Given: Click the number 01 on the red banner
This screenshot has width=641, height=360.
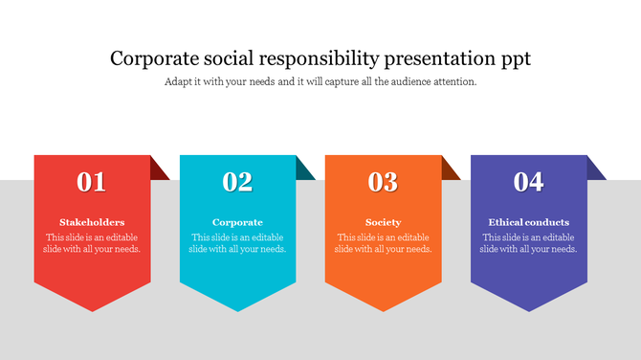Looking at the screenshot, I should [x=92, y=182].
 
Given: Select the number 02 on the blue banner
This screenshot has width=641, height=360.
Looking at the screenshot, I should [x=237, y=182].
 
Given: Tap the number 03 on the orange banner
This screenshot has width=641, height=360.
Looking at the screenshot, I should [x=383, y=182].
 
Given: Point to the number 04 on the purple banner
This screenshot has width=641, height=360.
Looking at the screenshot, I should [x=528, y=182].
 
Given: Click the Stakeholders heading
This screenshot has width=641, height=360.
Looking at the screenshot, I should [x=92, y=222].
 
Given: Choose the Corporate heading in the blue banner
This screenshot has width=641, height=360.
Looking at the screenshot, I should [x=237, y=222].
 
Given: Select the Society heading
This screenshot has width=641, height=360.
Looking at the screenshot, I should [x=383, y=222].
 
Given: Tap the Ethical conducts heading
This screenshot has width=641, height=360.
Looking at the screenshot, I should [x=528, y=222].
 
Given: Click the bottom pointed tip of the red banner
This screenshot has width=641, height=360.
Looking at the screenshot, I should [x=92, y=307].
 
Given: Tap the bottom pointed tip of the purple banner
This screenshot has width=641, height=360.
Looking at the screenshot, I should [x=528, y=307].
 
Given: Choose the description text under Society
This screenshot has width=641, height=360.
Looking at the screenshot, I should [x=383, y=243].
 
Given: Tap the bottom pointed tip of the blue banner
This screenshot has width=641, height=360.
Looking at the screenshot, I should [x=237, y=307].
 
